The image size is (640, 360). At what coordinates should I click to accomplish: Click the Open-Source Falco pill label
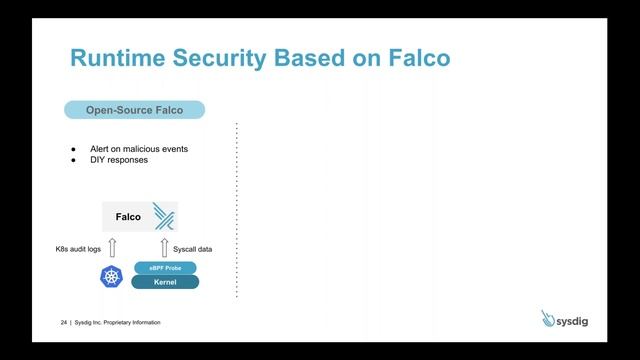click(x=135, y=109)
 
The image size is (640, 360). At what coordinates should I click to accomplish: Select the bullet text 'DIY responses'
click(x=119, y=159)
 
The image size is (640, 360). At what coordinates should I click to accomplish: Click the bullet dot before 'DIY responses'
click(x=73, y=159)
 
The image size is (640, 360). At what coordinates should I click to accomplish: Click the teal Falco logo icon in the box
click(x=163, y=216)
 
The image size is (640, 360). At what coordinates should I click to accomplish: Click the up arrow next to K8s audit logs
click(x=111, y=247)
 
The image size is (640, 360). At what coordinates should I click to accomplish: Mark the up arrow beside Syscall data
click(x=165, y=247)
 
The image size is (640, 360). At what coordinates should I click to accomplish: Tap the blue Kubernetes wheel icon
click(x=111, y=276)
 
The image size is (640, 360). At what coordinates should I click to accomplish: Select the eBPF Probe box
click(x=165, y=268)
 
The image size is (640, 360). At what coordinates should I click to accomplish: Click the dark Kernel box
click(x=165, y=282)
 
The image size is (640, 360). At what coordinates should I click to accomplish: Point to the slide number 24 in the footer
click(x=63, y=323)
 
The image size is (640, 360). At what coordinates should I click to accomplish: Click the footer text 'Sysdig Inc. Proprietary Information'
click(x=117, y=323)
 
